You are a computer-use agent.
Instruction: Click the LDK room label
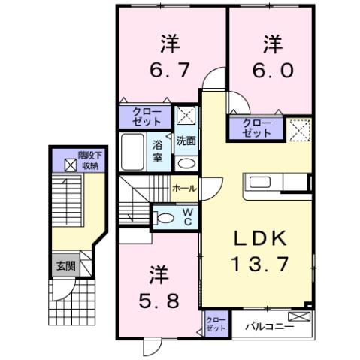click(260, 237)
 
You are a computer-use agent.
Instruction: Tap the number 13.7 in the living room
click(260, 264)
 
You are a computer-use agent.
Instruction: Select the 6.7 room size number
click(169, 70)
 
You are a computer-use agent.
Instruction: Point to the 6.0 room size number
click(273, 70)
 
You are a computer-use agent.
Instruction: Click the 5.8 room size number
click(159, 301)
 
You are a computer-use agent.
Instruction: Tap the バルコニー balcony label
click(270, 326)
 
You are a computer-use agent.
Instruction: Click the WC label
click(188, 217)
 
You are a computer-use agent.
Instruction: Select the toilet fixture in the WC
click(163, 218)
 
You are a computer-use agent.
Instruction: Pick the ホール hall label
click(184, 188)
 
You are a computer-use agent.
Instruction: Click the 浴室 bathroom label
click(158, 151)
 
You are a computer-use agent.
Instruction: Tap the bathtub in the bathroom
click(132, 152)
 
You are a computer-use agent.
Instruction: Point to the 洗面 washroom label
click(186, 141)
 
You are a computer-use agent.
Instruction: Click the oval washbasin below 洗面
click(186, 164)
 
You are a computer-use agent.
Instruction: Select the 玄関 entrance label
click(66, 266)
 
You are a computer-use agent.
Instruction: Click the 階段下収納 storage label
click(89, 160)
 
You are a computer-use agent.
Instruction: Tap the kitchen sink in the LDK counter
click(259, 183)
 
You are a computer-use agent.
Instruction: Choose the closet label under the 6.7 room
click(147, 116)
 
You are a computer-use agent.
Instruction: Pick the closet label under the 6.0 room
click(257, 128)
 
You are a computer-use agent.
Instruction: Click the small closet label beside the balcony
click(216, 324)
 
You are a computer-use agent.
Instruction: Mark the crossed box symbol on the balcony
click(299, 316)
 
